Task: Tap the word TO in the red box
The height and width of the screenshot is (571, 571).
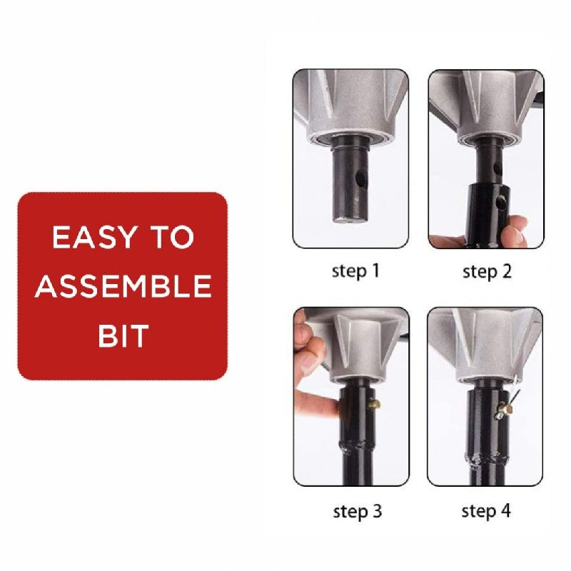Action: [172, 238]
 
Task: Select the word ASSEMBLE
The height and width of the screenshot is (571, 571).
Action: [123, 286]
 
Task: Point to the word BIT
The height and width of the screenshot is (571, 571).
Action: [123, 335]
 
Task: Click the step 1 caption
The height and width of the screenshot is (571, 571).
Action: [356, 271]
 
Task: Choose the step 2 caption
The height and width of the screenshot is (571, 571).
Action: [487, 271]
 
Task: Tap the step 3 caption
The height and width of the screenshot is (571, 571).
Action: [357, 511]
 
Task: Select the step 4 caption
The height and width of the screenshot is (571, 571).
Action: [486, 510]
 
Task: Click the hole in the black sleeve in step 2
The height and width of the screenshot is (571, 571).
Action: [505, 201]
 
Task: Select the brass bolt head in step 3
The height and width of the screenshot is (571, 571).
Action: [373, 405]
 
